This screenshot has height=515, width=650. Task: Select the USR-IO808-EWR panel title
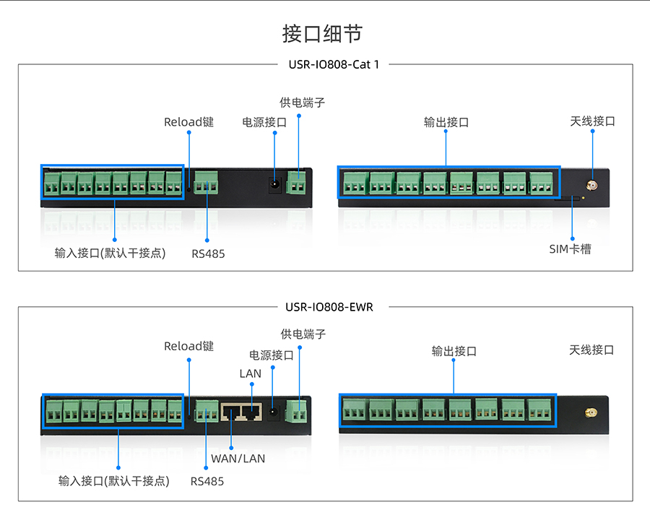329,307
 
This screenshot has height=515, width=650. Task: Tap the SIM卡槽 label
570,249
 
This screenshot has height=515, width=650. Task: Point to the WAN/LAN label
238,458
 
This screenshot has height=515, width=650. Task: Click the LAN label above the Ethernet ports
251,373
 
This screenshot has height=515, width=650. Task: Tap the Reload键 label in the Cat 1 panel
188,122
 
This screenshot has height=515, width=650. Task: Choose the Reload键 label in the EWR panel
188,346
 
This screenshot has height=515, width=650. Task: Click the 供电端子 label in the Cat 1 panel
302,103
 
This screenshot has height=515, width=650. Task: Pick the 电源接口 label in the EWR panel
272,355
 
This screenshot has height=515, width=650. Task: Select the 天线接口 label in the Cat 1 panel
592,121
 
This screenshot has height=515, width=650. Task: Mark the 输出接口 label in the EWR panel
454,351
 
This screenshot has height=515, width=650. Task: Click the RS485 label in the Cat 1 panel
208,254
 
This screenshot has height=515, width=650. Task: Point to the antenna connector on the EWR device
589,414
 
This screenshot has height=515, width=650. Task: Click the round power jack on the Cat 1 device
275,185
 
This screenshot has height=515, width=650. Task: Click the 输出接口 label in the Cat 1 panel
446,122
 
